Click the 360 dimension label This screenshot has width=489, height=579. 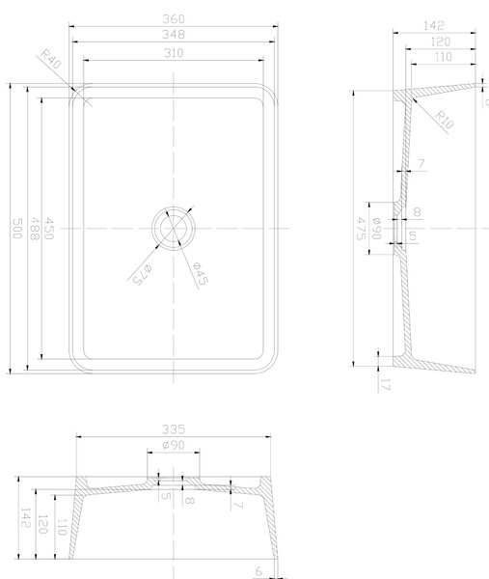click(173, 19)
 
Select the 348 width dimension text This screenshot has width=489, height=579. click(173, 35)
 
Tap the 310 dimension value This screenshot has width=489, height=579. click(173, 53)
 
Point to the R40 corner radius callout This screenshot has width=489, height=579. click(50, 59)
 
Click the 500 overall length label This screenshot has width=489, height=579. click(17, 229)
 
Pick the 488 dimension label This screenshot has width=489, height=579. click(34, 229)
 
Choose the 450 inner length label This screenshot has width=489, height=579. click(49, 229)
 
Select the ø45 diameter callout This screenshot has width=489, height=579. click(201, 274)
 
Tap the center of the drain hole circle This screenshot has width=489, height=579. click(173, 229)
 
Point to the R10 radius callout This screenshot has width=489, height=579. click(444, 120)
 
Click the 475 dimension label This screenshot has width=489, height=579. click(362, 229)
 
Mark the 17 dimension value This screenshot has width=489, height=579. click(385, 385)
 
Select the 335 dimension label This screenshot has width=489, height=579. click(173, 429)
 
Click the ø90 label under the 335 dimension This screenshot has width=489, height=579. click(173, 445)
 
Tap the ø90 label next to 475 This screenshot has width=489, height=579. click(376, 229)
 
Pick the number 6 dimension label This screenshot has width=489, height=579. click(258, 571)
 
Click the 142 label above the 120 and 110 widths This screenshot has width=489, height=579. click(434, 25)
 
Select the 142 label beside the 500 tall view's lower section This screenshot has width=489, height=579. click(25, 517)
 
